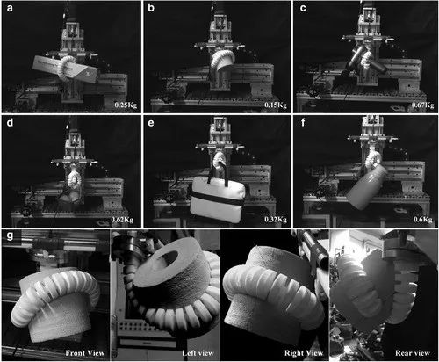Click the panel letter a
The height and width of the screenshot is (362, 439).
10,8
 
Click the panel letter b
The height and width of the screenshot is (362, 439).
151,8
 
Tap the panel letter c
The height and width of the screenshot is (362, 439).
303,8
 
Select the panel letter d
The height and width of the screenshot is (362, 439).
10,122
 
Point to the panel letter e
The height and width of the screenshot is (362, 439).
151,122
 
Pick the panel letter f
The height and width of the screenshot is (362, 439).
303,122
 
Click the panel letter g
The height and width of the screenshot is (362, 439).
10,235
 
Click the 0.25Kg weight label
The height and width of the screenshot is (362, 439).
126,105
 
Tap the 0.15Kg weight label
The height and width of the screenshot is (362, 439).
276,105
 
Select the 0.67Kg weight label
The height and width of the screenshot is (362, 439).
422,105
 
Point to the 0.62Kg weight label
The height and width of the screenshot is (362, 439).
122,220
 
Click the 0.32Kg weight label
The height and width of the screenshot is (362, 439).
276,220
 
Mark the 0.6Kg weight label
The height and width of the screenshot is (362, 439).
422,220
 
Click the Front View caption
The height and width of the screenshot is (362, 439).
85,353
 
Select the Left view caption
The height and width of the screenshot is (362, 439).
198,353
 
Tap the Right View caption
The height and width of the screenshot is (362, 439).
304,353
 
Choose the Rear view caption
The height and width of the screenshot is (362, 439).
413,353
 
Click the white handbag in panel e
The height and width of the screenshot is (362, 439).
217,197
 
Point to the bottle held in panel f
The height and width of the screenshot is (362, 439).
366,186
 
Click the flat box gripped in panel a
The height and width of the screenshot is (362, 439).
65,69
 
